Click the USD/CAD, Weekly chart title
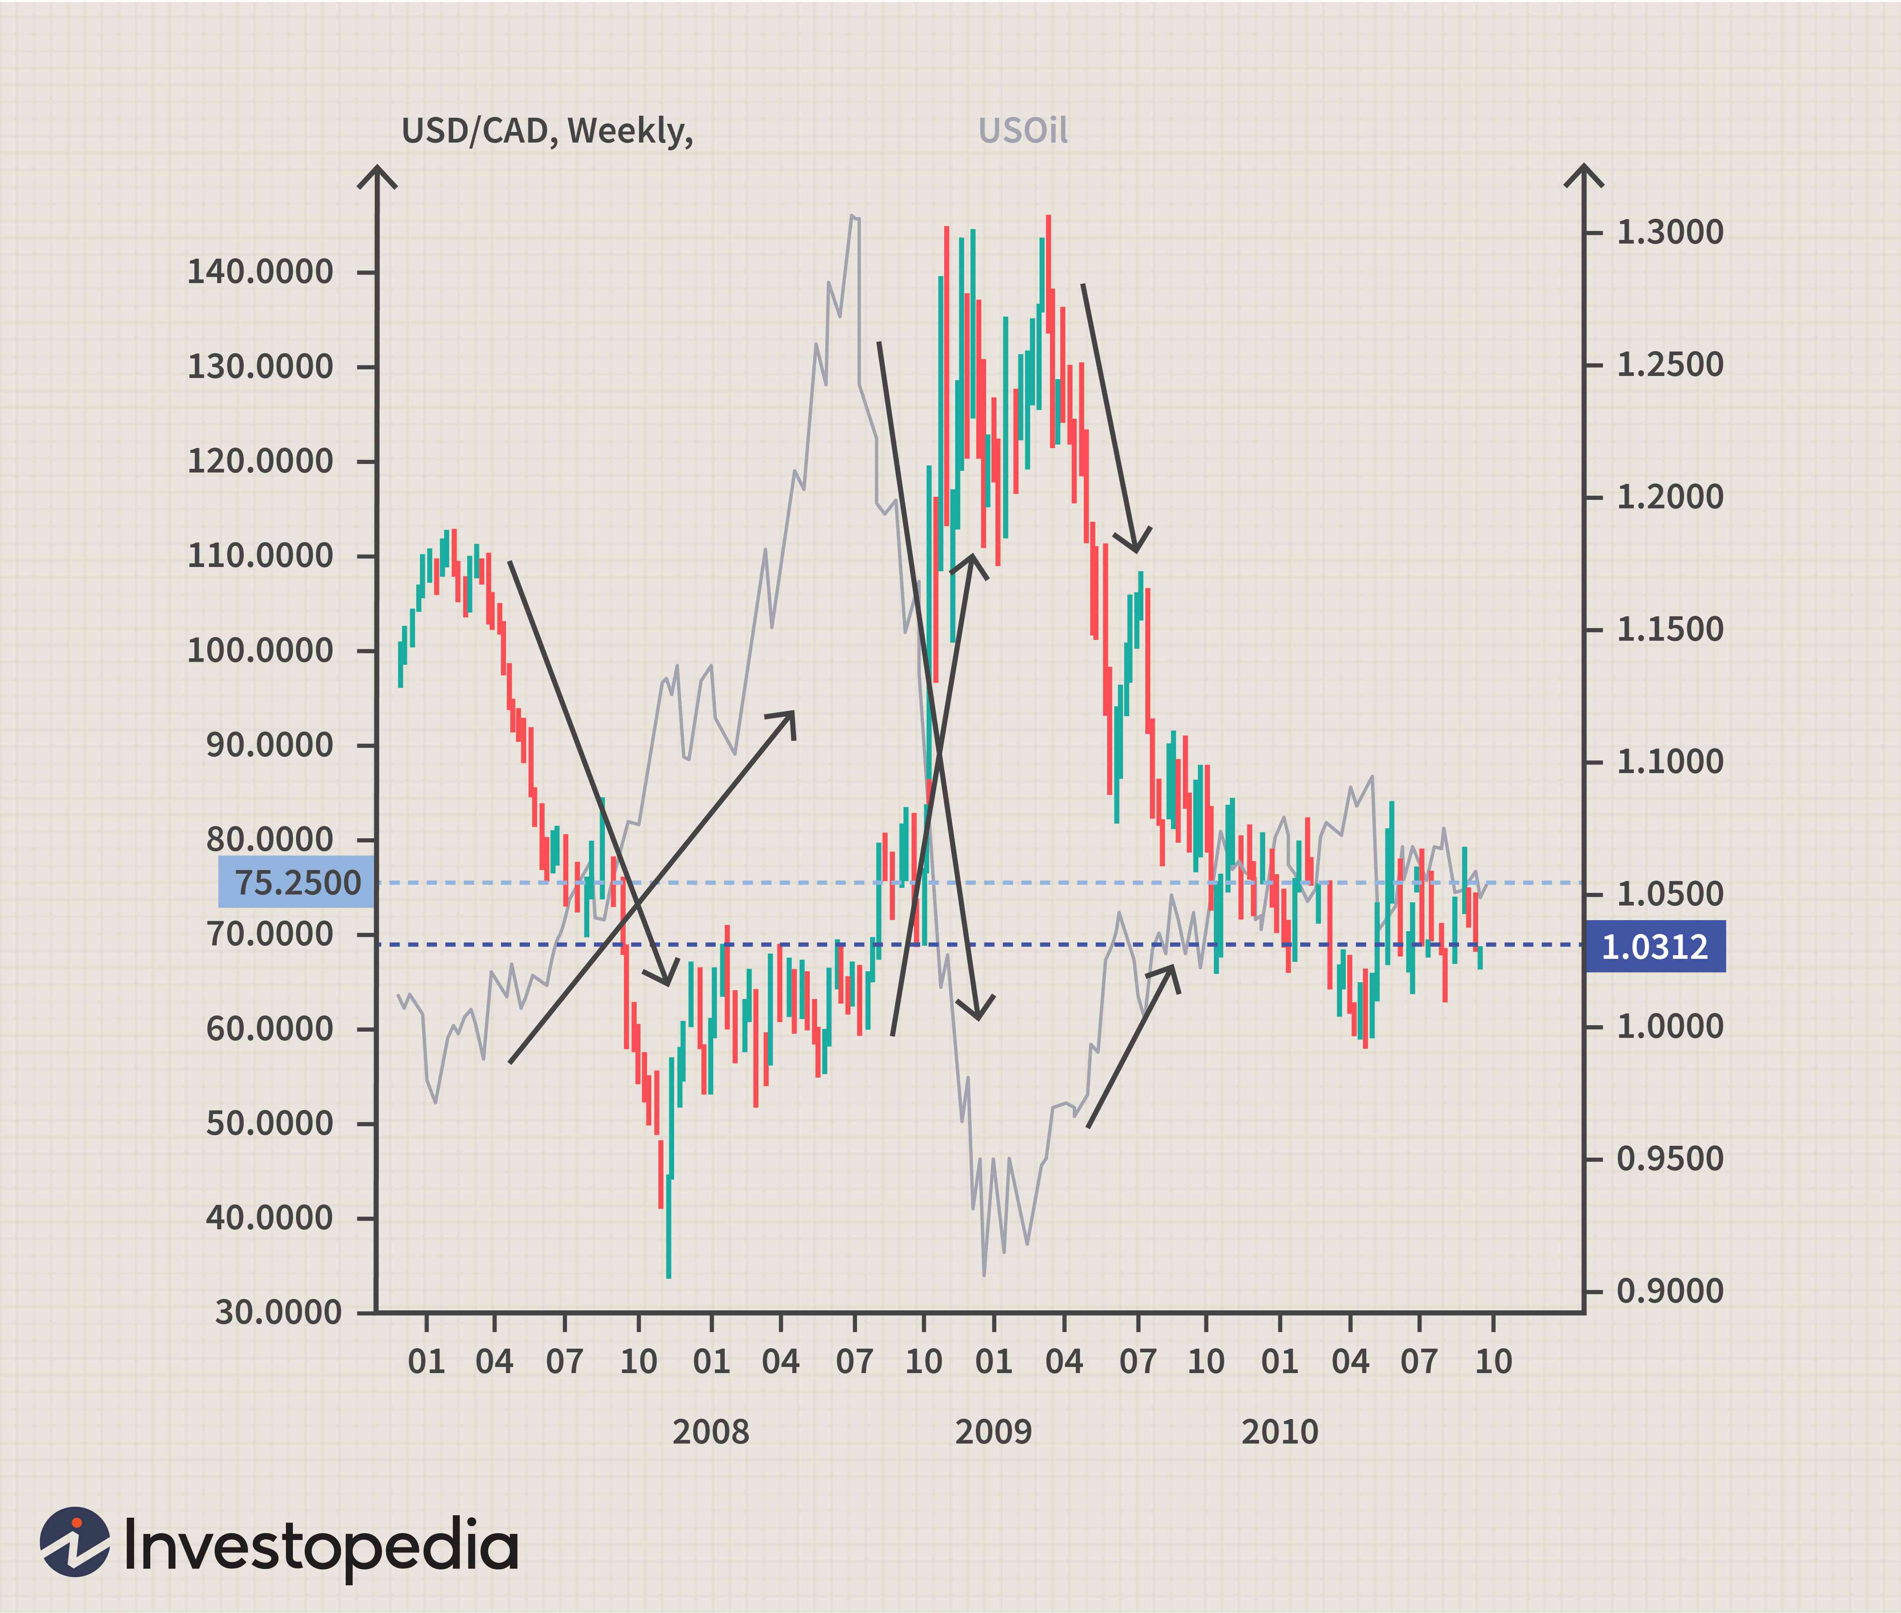click(x=547, y=132)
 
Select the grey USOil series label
click(x=1022, y=132)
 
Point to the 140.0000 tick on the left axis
click(x=261, y=272)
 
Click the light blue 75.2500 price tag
click(x=296, y=882)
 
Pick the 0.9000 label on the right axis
click(x=1670, y=1291)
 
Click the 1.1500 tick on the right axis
click(x=1670, y=630)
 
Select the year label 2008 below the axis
click(x=710, y=1432)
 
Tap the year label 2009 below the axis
click(x=993, y=1432)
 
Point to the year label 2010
click(x=1279, y=1432)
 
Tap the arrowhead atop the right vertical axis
click(x=1584, y=176)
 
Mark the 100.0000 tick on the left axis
click(x=261, y=651)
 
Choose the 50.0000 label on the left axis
click(x=270, y=1124)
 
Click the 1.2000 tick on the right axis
click(x=1670, y=497)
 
